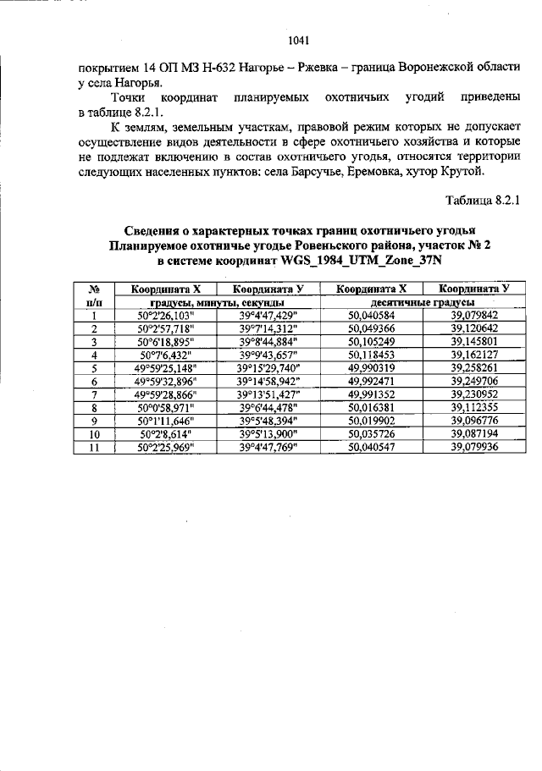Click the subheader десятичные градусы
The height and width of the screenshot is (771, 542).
coord(422,302)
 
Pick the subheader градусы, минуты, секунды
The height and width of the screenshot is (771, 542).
coord(217,302)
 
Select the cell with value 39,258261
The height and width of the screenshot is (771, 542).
coord(474,368)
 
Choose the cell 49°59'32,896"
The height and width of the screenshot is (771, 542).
coord(166,381)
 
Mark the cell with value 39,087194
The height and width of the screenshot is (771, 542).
coord(474,433)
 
